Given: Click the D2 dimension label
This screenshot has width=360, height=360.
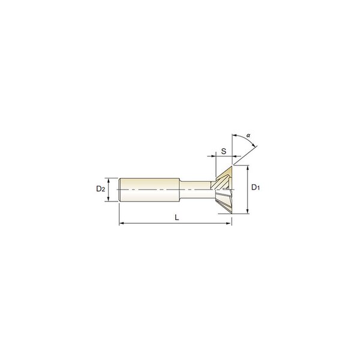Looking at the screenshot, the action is point(101,189).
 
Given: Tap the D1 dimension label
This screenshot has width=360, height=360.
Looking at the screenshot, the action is point(256,187).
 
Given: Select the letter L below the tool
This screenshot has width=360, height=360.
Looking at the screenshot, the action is point(176,217).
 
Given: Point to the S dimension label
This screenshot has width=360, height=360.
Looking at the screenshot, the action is point(224,151).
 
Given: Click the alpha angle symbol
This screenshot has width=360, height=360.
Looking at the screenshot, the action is point(248,136).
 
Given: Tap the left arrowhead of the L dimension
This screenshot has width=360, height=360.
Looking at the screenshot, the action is point(122,223).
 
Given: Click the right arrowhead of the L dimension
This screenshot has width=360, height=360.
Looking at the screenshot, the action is point(229,223).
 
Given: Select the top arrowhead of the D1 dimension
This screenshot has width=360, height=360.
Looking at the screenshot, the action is point(247,168).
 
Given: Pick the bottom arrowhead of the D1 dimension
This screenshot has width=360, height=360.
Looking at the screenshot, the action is point(247,211).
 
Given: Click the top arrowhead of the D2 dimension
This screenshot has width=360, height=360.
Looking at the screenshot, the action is point(109,181).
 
